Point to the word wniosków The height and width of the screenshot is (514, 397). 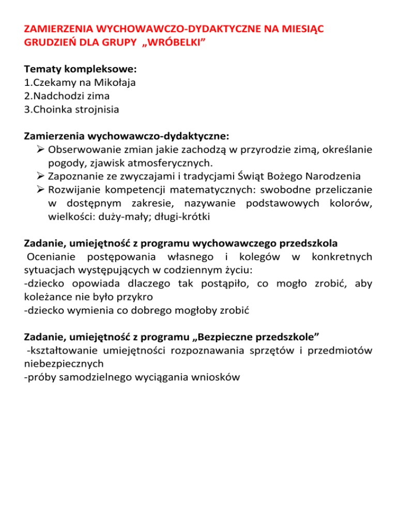[x=211, y=378]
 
